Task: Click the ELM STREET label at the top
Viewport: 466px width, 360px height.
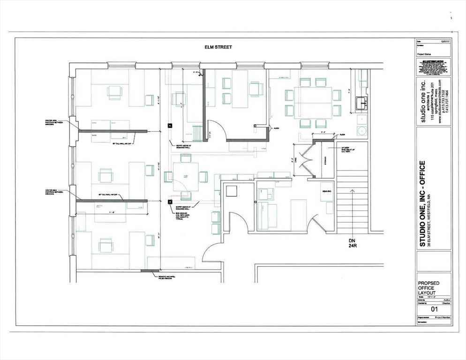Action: pos(218,47)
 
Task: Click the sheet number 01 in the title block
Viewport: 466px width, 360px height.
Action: pos(433,310)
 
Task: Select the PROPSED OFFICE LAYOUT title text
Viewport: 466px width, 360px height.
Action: pos(431,288)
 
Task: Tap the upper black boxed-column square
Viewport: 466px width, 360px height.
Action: pos(170,125)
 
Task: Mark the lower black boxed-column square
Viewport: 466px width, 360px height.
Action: pos(170,202)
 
